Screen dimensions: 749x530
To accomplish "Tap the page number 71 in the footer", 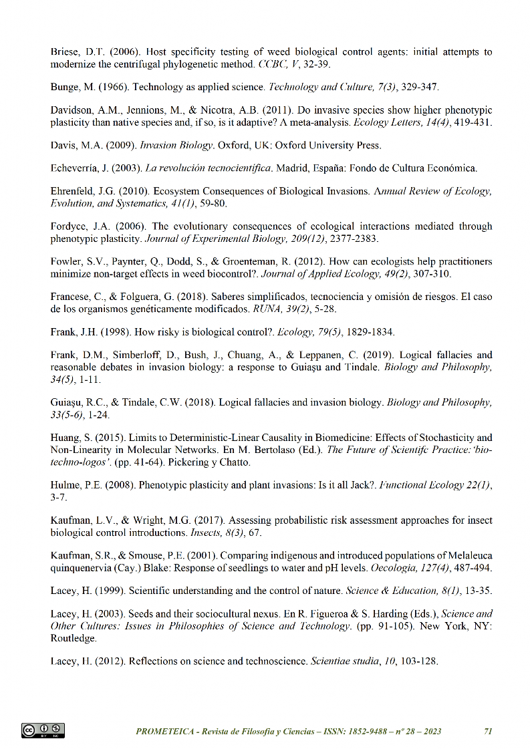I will pos(488,732).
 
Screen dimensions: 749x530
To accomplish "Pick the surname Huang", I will pos(65,438).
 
